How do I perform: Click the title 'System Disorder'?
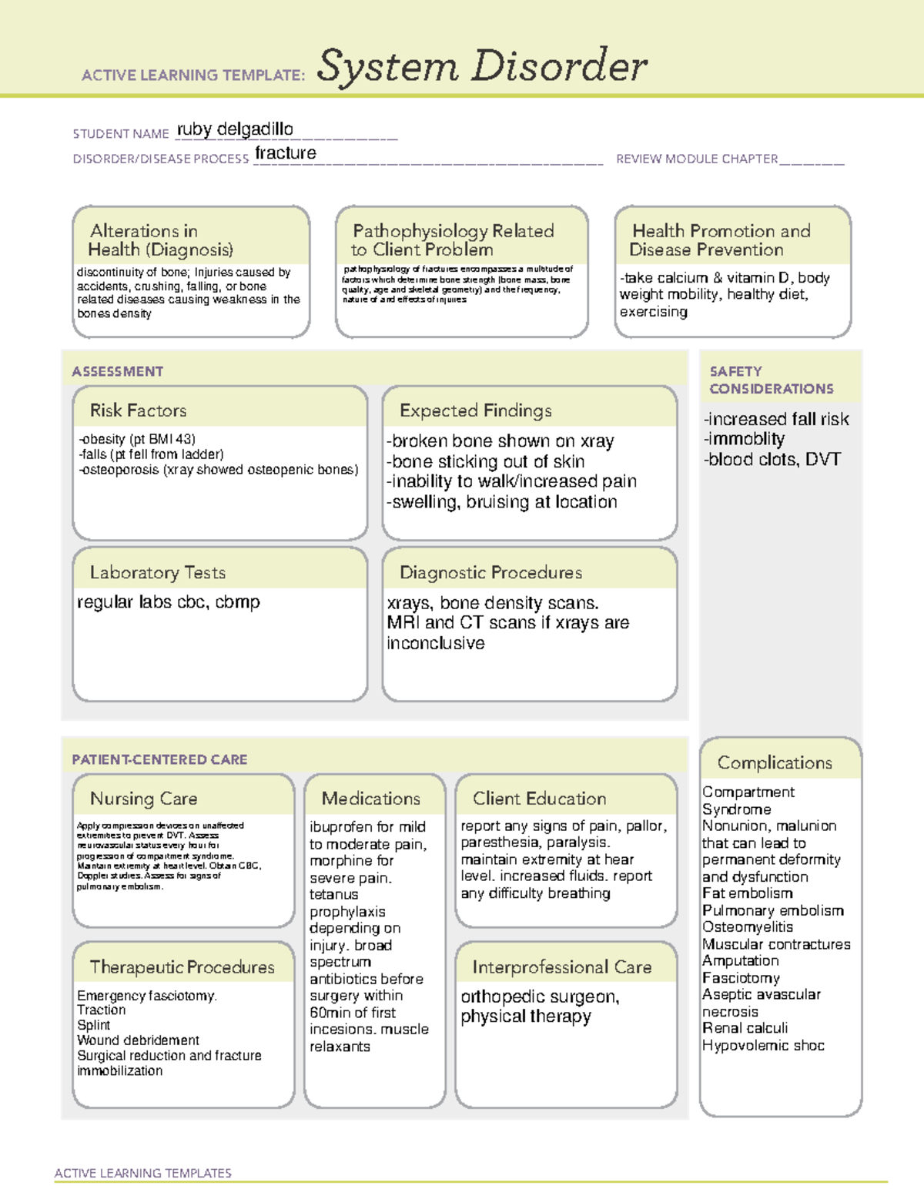[482, 66]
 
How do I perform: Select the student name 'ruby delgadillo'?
[235, 129]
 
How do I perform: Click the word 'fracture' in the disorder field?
[286, 153]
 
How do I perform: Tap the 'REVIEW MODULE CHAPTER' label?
[697, 159]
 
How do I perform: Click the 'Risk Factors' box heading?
[138, 410]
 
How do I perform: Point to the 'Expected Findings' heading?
[476, 410]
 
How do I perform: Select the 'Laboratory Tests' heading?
[158, 572]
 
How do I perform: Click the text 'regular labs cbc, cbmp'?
[169, 601]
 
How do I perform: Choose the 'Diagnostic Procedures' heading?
[490, 572]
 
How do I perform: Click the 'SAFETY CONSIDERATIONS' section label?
[771, 380]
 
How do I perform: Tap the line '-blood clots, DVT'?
[772, 459]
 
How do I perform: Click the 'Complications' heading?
[775, 762]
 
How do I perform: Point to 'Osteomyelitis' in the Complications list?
[747, 927]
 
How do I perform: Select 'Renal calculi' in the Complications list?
[745, 1028]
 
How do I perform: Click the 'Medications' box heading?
[371, 799]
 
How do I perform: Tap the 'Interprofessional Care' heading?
[562, 967]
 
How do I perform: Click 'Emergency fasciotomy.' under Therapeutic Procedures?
[147, 996]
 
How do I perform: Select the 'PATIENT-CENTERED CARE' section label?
[159, 759]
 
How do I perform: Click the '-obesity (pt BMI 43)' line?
[137, 439]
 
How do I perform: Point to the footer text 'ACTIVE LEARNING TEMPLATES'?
[143, 1173]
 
